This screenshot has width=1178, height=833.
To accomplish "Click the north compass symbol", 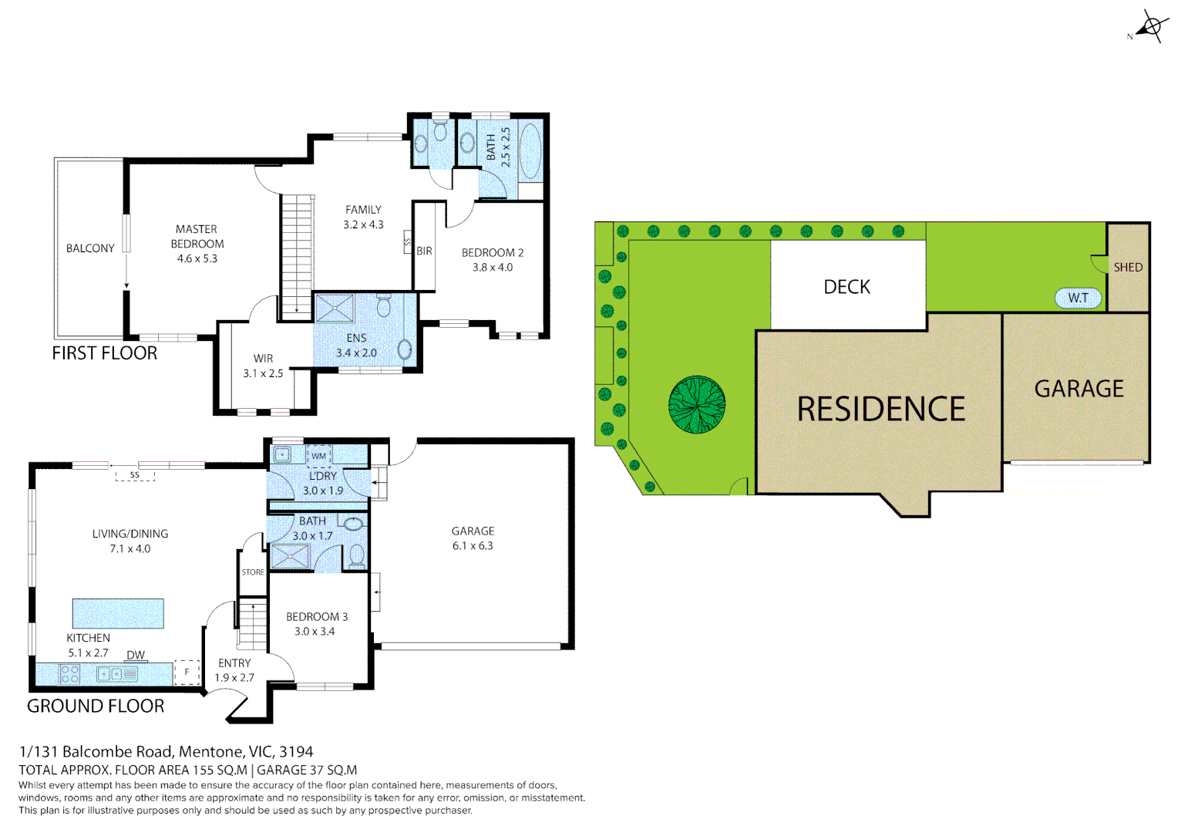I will pos(1150,27).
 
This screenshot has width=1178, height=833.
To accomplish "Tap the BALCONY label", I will pos(90,248).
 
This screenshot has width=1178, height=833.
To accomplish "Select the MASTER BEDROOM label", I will pos(197,237).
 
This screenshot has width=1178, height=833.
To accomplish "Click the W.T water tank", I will pos(1078,298).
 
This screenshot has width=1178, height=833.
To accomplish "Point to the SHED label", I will pos(1128,267).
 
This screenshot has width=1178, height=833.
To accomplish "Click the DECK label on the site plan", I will pos(846,287).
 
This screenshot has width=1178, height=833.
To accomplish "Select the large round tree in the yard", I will pos(697,404).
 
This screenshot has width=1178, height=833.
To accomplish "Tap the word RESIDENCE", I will pos(880,409).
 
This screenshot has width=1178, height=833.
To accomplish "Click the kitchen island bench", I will pos(118,613).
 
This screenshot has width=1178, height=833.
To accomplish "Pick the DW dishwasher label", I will pos(136,655).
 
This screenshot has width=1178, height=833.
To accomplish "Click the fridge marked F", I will pos(187,673).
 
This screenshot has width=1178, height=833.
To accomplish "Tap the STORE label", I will pos(253,572).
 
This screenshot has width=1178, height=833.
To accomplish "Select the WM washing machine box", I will pos(319,456).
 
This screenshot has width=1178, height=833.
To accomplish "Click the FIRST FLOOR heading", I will pos(104,353).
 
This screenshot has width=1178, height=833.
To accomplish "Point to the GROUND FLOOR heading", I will pos(96,706).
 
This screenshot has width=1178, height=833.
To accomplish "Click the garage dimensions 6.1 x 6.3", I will pos(473,546).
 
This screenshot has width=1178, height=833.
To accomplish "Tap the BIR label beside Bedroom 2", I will pos(424,251).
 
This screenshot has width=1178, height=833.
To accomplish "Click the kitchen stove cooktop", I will pos(69,674).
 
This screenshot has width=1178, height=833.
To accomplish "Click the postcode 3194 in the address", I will pos(296,751).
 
